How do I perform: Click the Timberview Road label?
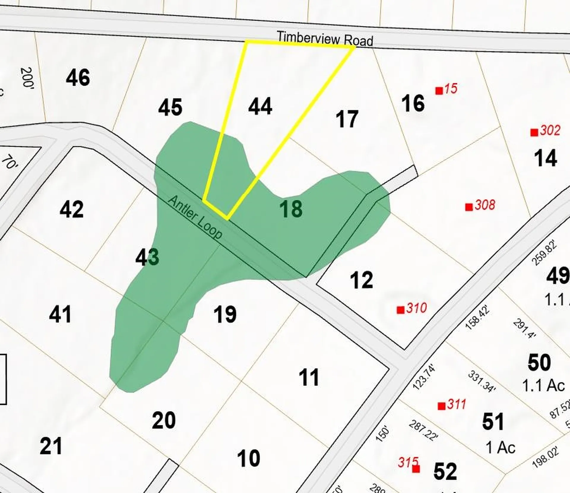pos(325,39)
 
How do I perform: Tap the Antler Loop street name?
pos(195,217)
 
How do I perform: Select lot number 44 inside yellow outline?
pos(260,107)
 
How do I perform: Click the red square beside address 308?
pos(469,207)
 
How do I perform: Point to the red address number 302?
pos(550,130)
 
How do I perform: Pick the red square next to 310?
pos(400,310)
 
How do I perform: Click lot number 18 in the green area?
pos(291,209)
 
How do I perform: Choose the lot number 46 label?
pos(78,78)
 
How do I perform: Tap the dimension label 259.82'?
pos(544,254)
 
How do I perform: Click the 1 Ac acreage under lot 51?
pos(501,447)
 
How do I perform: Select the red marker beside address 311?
pos(441,406)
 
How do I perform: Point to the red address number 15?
pos(451,88)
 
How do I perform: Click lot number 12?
pos(361,280)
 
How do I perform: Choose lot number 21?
pos(51,446)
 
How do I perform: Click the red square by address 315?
pos(416,469)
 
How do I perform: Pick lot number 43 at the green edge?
pos(147,258)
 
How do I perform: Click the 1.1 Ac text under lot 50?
pos(543,386)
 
